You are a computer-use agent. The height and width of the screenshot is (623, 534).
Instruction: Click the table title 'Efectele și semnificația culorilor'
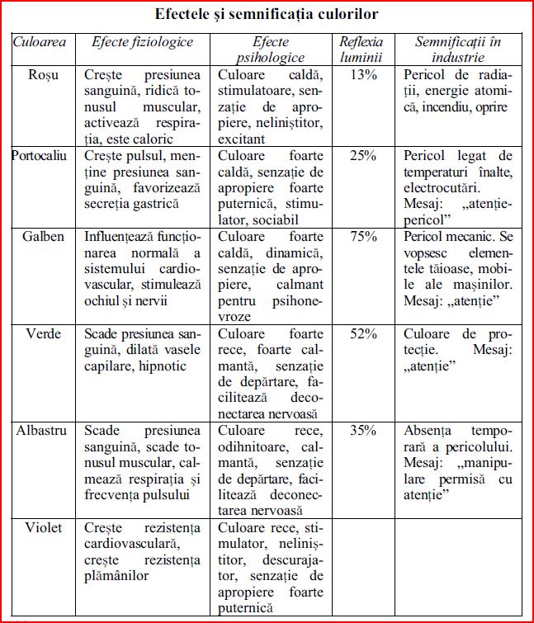pyautogui.click(x=267, y=14)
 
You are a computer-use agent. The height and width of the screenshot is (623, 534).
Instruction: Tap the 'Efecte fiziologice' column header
pyautogui.click(x=143, y=41)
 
